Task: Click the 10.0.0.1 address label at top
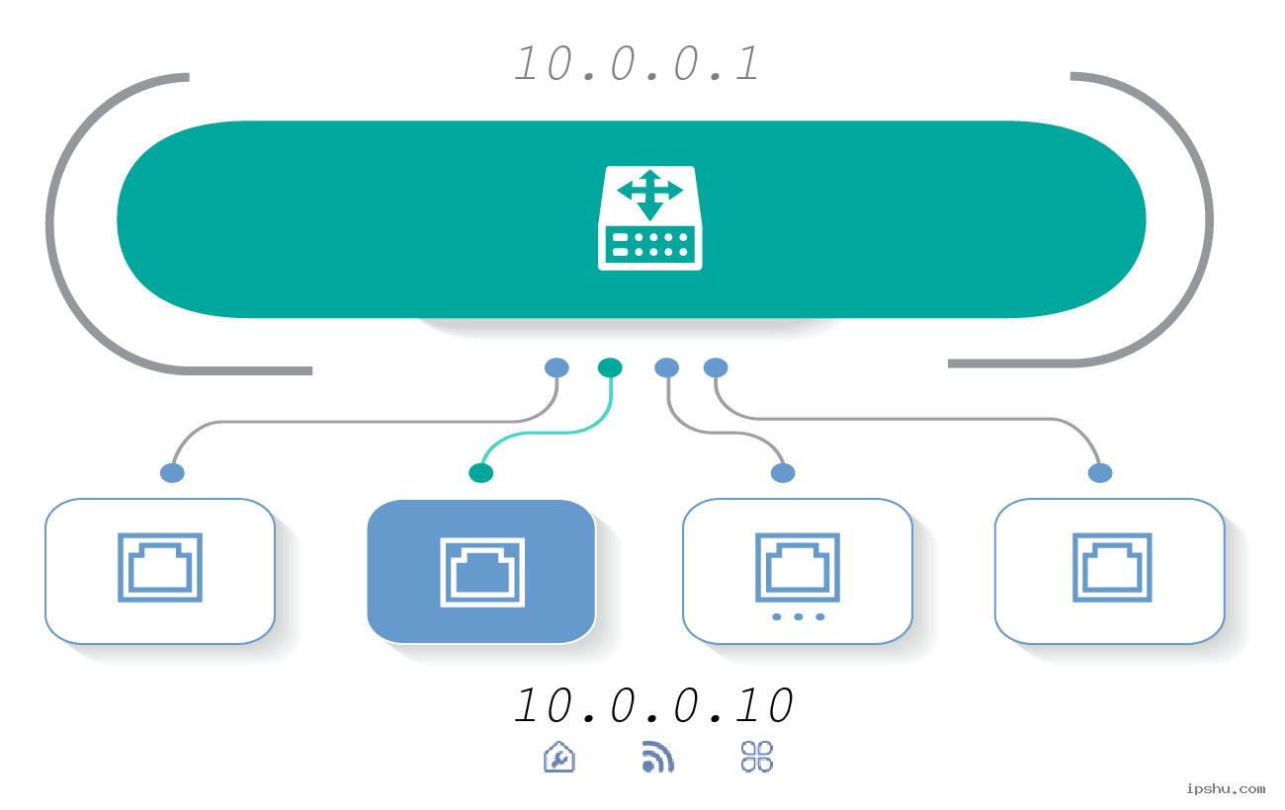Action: click(638, 64)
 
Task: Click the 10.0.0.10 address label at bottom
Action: click(654, 705)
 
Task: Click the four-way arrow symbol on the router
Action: click(649, 193)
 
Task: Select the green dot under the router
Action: click(610, 367)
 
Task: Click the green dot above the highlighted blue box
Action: click(480, 473)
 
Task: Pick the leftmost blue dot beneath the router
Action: click(557, 367)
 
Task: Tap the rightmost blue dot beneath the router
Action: click(716, 367)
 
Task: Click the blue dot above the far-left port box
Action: click(172, 473)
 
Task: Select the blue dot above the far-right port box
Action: click(1099, 473)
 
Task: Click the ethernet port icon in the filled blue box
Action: click(481, 571)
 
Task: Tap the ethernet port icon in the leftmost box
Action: click(160, 567)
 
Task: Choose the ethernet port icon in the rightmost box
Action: click(1111, 567)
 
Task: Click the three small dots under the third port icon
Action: click(798, 616)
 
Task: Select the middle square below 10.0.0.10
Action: click(658, 757)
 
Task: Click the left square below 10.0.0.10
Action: click(559, 757)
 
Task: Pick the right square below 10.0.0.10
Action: click(757, 757)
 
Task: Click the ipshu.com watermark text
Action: click(1225, 788)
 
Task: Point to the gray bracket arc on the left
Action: click(59, 222)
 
